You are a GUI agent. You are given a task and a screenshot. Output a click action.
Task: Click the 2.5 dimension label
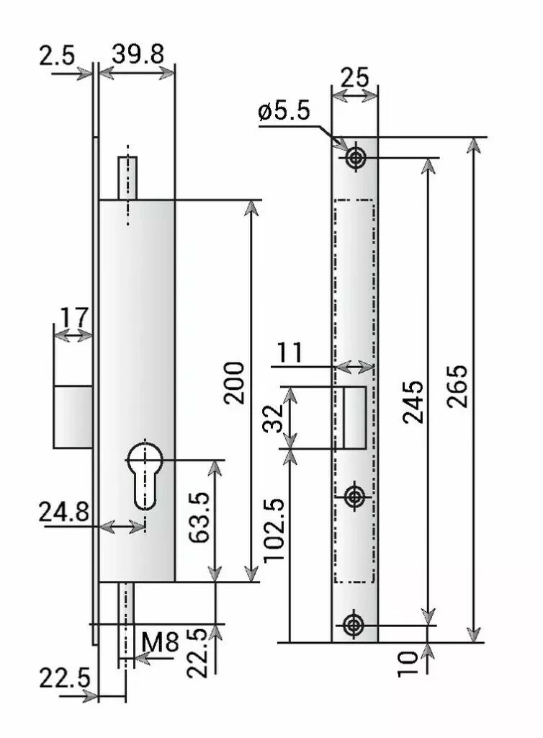(57, 55)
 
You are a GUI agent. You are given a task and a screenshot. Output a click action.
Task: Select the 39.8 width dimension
(138, 54)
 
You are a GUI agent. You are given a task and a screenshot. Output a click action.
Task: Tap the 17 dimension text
(73, 317)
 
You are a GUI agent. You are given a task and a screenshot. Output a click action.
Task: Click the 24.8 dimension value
(65, 512)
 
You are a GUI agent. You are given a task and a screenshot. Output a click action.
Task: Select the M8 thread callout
(159, 641)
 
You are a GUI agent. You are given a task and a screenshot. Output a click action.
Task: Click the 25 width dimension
(354, 77)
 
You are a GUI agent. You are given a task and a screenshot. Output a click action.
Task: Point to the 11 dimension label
(292, 353)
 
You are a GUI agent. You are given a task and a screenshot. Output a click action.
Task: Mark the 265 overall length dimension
(457, 386)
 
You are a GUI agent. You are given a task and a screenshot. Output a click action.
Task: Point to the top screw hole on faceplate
(354, 158)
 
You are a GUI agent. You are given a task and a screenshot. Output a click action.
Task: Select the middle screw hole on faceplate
(354, 497)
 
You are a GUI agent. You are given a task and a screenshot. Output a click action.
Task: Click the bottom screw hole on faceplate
(354, 625)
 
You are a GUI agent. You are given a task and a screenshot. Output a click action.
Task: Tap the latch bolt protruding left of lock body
(72, 417)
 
